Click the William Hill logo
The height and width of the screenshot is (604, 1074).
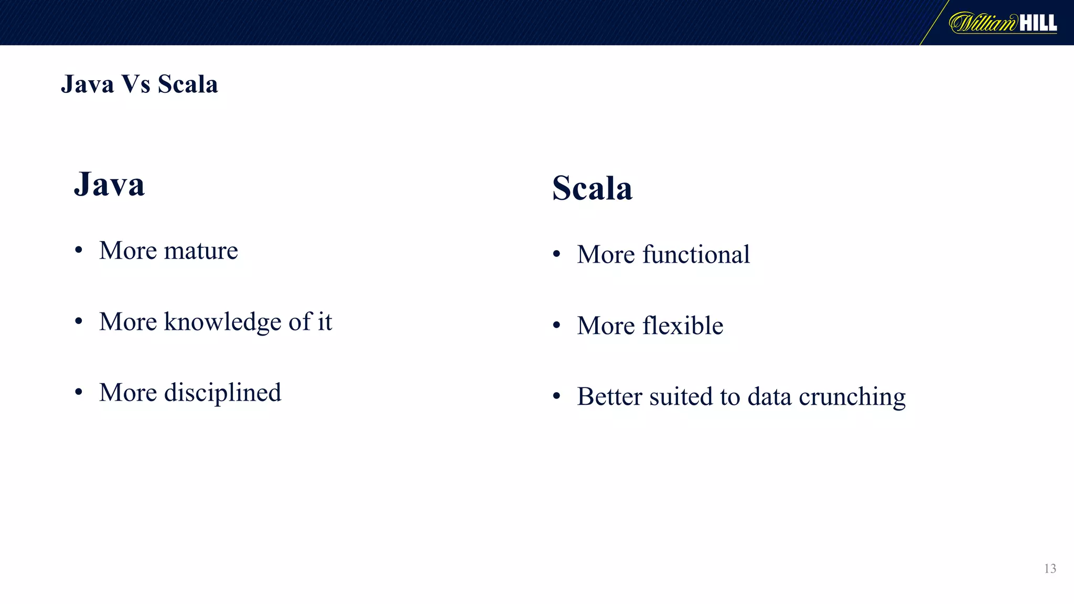[x=1003, y=23]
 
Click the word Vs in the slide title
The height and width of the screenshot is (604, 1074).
[x=135, y=84]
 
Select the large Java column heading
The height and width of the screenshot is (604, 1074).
[x=109, y=185]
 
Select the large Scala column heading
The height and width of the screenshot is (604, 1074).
[x=592, y=188]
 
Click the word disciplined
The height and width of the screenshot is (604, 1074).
[x=222, y=393]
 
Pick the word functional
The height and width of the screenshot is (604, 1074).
[x=696, y=255]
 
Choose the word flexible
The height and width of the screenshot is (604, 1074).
[x=683, y=326]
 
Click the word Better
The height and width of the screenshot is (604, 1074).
[x=609, y=396]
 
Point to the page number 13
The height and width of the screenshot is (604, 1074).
[x=1050, y=569]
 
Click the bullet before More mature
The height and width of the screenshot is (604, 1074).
[x=79, y=251]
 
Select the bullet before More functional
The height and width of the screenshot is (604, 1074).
[x=557, y=255]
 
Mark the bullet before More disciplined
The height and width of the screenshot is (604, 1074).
[x=79, y=393]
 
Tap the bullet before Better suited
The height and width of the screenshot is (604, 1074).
[x=557, y=397]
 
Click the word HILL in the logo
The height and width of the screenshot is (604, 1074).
[x=1038, y=23]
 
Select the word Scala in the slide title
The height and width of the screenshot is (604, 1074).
[x=188, y=84]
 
